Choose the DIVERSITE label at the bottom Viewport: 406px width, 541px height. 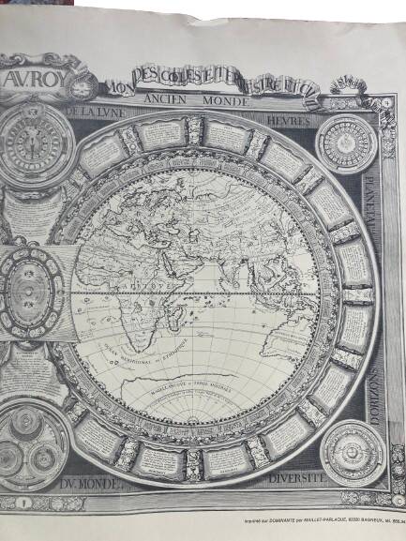click(296, 477)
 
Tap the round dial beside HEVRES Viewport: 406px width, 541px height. click(346, 143)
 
